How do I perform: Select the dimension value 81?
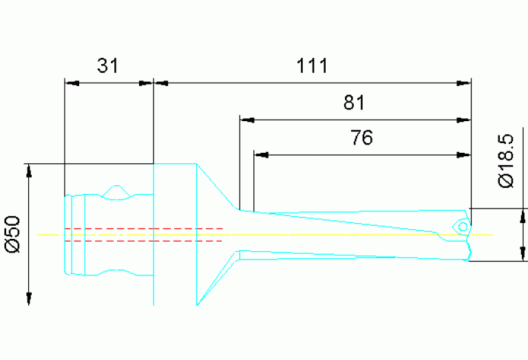pos(353,103)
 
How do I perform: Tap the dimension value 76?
pos(361,138)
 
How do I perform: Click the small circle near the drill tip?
pos(463,226)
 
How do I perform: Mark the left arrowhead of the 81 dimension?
pos(246,119)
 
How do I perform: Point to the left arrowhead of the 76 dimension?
pos(261,154)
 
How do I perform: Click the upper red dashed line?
pos(143,228)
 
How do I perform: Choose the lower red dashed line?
pos(143,241)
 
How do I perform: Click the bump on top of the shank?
pos(118,189)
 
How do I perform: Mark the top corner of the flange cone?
pos(198,165)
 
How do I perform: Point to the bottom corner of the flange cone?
pos(198,304)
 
